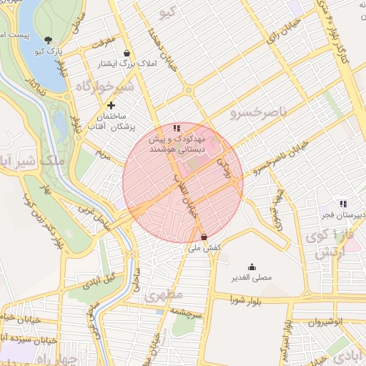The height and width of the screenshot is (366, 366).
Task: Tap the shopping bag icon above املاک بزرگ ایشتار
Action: (x=127, y=53)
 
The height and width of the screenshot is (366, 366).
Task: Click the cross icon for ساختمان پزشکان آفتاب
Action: (x=110, y=105)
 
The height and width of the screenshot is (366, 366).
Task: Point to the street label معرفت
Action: (x=100, y=41)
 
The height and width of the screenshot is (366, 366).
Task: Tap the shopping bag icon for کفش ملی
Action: (x=204, y=237)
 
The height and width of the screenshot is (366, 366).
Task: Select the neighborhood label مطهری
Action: (x=164, y=294)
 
